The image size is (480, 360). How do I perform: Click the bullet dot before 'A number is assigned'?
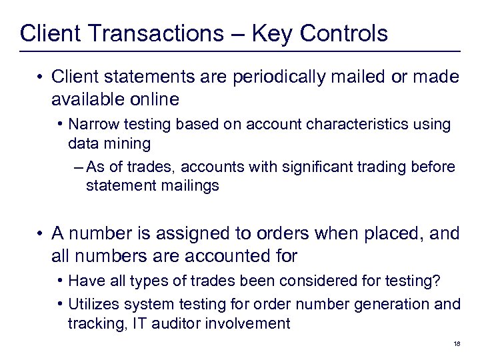[x=42, y=234]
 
